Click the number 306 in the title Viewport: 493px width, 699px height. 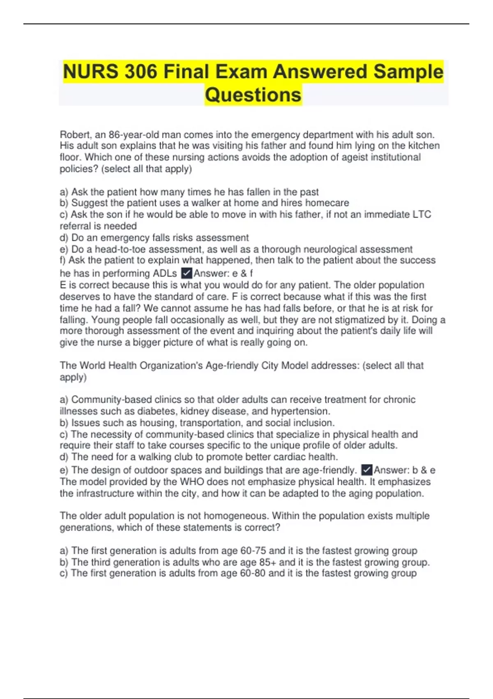(x=141, y=72)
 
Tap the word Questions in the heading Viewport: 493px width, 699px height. (x=253, y=95)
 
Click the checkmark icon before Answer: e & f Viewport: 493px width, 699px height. (x=187, y=273)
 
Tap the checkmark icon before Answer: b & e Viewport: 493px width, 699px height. (x=366, y=470)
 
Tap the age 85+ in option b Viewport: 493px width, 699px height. (x=267, y=562)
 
